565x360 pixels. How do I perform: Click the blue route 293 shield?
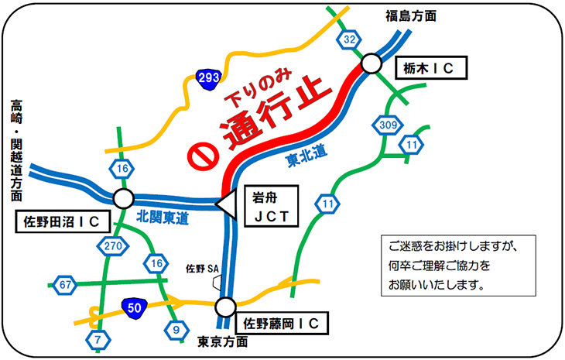207,78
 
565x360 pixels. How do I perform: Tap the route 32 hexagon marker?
349,39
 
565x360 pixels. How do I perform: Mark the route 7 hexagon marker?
98,339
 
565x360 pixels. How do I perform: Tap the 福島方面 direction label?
411,15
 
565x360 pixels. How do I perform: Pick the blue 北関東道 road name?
162,218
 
